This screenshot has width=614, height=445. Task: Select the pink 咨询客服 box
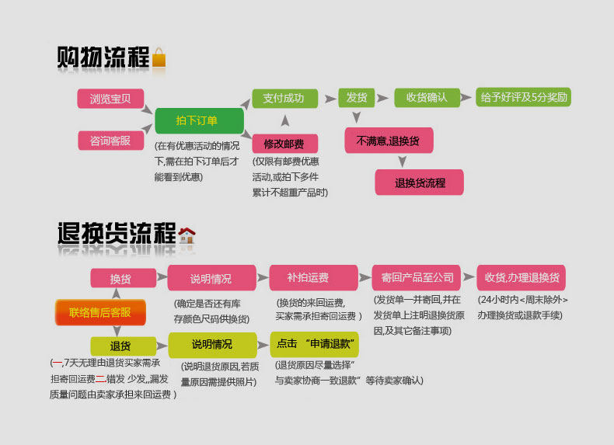(x=110, y=140)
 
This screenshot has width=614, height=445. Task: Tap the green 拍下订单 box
(x=199, y=120)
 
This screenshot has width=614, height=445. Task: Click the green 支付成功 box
(x=284, y=98)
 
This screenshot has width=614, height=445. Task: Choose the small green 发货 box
(x=357, y=97)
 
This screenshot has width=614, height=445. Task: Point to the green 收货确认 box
(x=427, y=97)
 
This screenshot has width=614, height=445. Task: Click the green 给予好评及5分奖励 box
(x=524, y=97)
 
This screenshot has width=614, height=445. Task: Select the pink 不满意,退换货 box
(x=389, y=141)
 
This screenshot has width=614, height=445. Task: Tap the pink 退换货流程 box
(x=420, y=183)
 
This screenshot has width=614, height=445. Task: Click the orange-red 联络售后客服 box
(x=100, y=312)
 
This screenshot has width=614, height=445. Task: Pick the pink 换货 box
(x=123, y=278)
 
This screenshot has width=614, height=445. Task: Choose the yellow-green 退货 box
(x=123, y=346)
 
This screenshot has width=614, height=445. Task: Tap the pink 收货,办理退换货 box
(x=522, y=277)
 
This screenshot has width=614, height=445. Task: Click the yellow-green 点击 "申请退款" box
(x=315, y=344)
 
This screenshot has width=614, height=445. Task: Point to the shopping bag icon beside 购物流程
(x=159, y=59)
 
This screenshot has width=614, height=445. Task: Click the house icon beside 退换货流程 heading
(x=187, y=235)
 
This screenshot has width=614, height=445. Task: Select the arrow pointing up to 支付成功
(x=285, y=120)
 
